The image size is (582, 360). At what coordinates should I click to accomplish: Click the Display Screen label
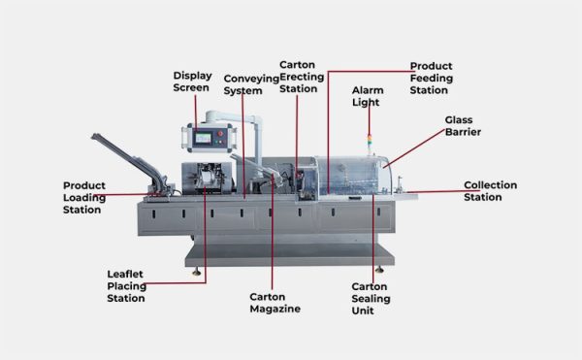pos(191,81)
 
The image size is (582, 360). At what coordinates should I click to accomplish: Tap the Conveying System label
pos(243,84)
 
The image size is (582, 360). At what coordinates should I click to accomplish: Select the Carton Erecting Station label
pos(299,77)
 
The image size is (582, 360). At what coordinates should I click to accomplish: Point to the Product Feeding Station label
pos(429,78)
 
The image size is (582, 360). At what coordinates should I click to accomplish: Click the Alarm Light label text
pos(369,95)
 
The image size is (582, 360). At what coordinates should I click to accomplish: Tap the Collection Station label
pos(490,191)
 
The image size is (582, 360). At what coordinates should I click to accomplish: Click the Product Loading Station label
pos(84,197)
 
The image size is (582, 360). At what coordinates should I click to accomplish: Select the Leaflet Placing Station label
pos(126,286)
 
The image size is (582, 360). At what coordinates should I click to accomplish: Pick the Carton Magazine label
pos(275,303)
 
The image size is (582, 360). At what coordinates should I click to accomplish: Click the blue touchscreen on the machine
pos(206,138)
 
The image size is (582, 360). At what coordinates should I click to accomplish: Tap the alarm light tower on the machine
pos(368,141)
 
